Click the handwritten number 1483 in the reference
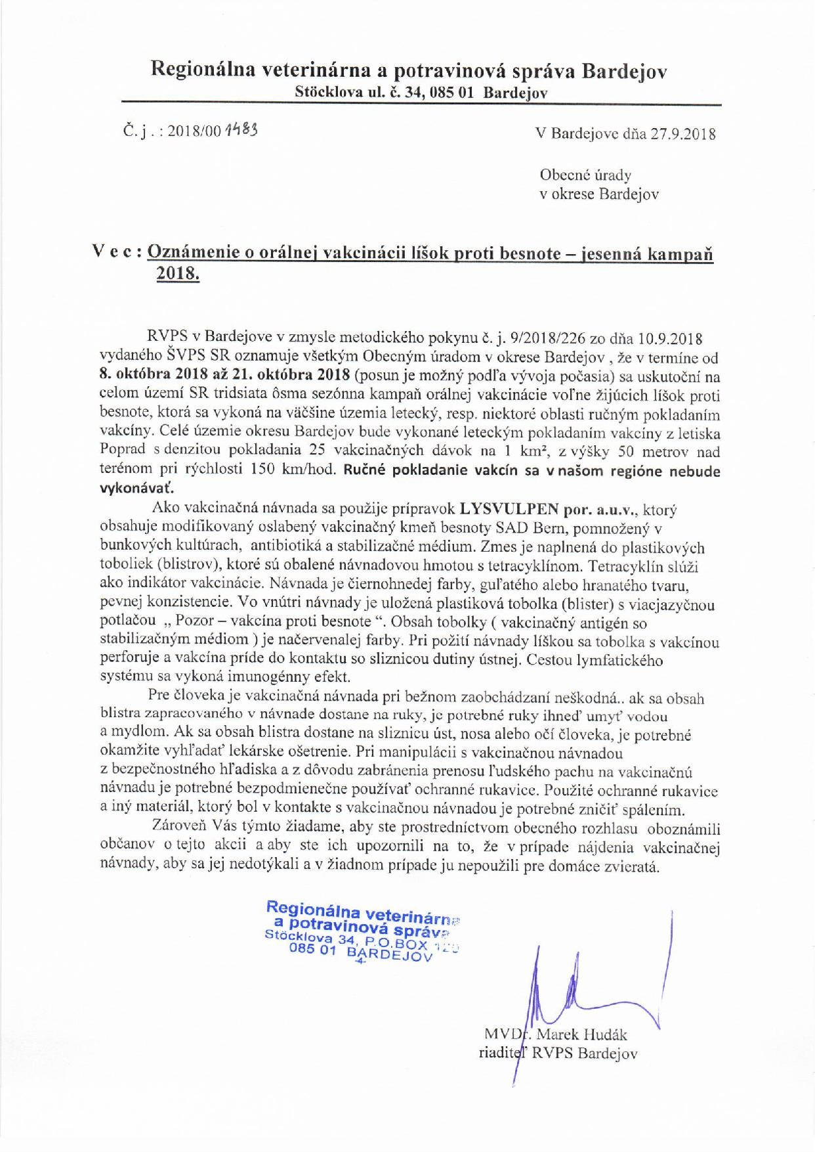[x=240, y=129]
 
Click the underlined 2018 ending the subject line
[x=177, y=274]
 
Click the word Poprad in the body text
[x=121, y=453]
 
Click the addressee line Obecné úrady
[x=585, y=175]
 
